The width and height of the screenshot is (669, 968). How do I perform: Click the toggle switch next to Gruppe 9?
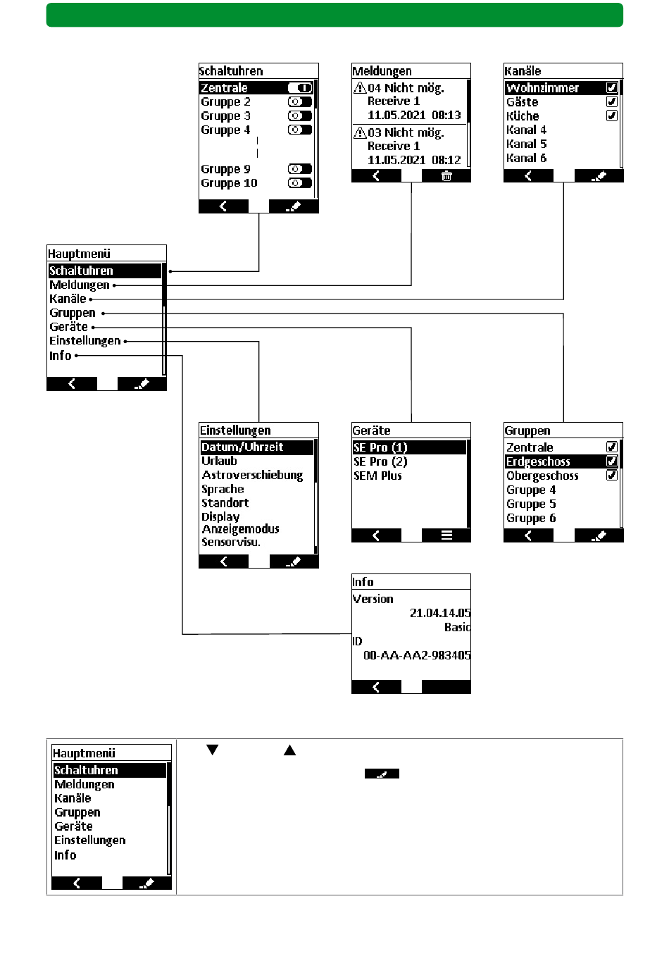(300, 169)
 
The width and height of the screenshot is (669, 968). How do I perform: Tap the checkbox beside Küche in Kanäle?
(612, 116)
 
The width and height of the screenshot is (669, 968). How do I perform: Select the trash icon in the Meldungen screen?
(446, 176)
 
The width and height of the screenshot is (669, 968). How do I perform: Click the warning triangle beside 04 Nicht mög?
(360, 88)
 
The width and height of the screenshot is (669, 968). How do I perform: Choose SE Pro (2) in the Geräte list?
(380, 462)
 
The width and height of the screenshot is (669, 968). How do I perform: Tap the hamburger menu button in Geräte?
(446, 535)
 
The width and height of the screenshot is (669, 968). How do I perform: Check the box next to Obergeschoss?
(612, 476)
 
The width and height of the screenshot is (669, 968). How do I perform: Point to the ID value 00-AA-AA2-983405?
(417, 655)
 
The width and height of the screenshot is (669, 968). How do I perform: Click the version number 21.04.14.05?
(440, 613)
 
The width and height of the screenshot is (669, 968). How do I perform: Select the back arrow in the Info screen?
(376, 687)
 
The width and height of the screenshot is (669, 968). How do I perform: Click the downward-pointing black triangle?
(212, 750)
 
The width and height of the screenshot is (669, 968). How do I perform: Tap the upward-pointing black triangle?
(289, 750)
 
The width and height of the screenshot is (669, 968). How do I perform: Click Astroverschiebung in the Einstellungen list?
(252, 476)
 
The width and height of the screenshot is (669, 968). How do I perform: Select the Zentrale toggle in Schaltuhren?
(300, 88)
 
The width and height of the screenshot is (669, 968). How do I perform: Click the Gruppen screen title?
(527, 430)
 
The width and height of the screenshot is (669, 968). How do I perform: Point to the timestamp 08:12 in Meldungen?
(446, 160)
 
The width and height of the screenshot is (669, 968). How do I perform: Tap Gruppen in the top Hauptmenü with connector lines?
(73, 313)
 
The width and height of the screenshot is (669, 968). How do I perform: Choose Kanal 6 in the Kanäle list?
(526, 158)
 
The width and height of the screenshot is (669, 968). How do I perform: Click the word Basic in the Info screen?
(457, 627)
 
